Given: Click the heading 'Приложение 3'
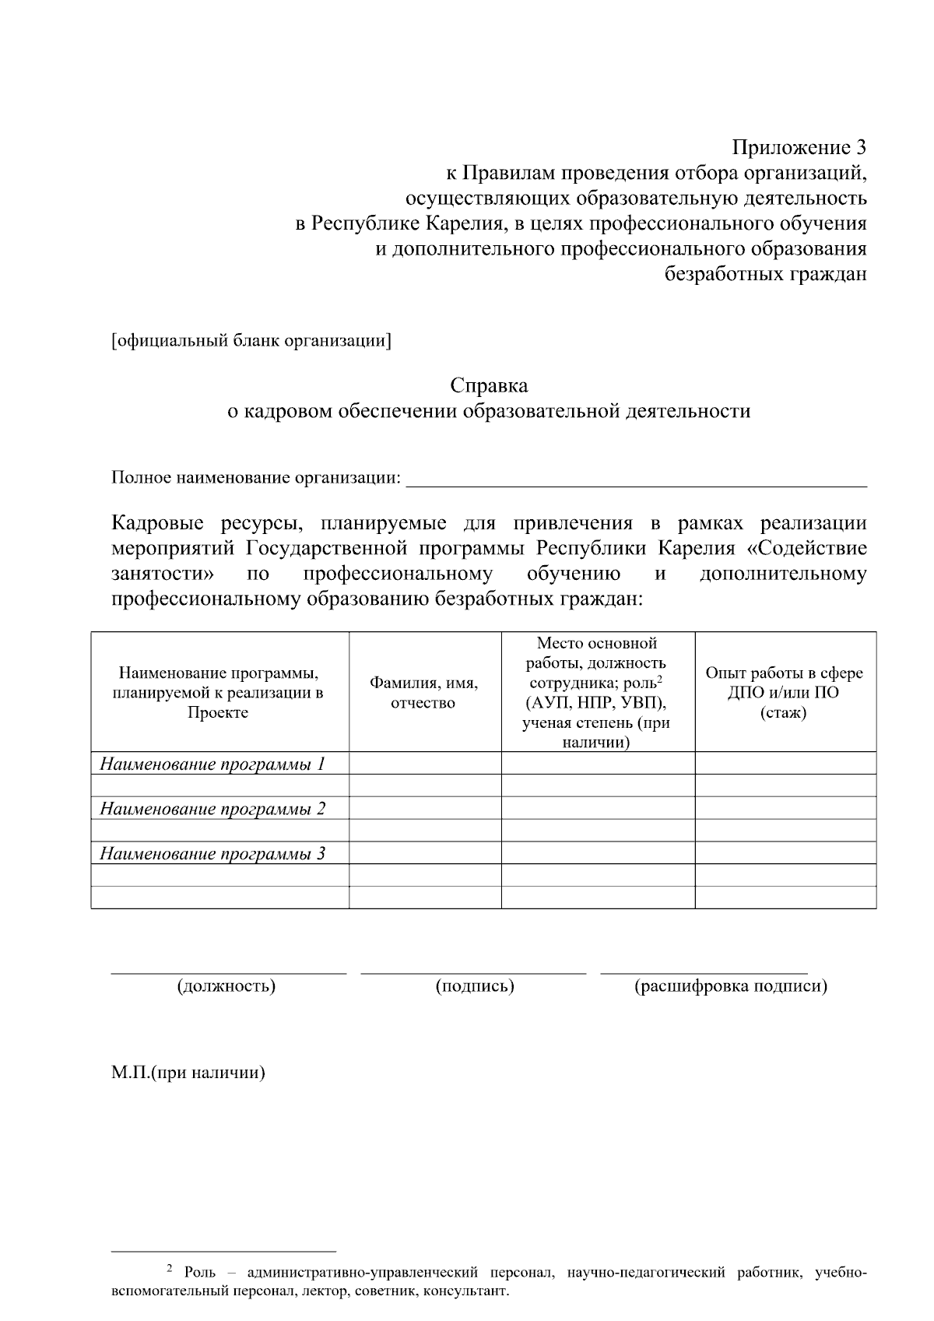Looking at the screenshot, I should [x=799, y=147].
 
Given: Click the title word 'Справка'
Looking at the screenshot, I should [x=489, y=385].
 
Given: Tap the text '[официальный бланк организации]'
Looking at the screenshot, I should [x=251, y=341].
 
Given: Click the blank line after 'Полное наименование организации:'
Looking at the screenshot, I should [x=637, y=479].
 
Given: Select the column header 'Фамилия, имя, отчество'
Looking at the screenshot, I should [x=423, y=693].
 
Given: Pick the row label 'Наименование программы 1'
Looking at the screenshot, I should [x=212, y=764].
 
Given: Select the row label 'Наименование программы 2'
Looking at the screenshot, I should [x=212, y=809].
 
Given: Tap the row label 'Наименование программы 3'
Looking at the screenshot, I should [x=212, y=854].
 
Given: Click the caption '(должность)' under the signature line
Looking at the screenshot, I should [x=226, y=986].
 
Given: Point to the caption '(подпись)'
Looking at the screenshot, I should [x=475, y=986].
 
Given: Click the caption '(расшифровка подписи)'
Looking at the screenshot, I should [x=731, y=986].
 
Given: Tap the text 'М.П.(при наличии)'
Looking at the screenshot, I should [x=188, y=1073].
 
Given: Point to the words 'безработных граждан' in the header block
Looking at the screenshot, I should [x=765, y=274].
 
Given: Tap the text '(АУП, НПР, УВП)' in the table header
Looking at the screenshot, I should [x=596, y=704].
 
